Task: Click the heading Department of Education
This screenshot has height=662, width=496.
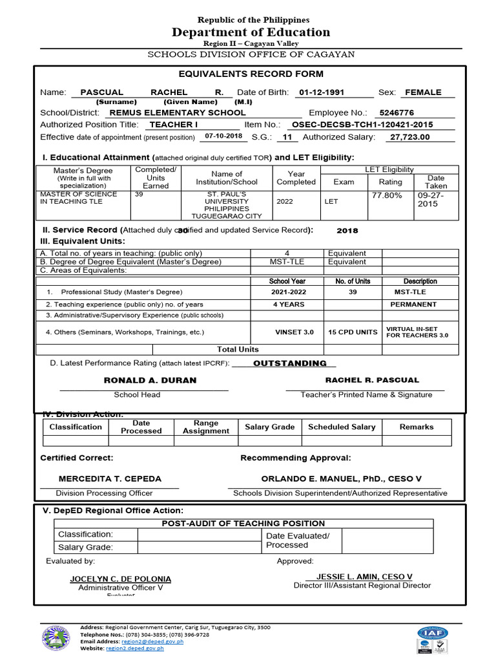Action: (x=251, y=32)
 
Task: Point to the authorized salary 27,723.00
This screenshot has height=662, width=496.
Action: (x=409, y=137)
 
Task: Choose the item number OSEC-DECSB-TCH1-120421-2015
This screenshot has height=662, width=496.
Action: (x=362, y=125)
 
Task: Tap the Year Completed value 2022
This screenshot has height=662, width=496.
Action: (x=284, y=201)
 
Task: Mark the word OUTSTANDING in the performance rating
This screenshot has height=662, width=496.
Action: (x=290, y=363)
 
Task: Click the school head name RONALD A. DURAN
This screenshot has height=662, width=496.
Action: (x=150, y=380)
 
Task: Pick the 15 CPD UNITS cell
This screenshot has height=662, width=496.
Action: (x=353, y=332)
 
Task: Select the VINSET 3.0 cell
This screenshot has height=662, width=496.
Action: (x=294, y=332)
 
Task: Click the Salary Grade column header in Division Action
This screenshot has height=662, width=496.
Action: (x=270, y=427)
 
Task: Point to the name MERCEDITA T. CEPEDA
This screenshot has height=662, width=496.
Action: (x=110, y=479)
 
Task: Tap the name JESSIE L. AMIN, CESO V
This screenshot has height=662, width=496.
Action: (x=364, y=577)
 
